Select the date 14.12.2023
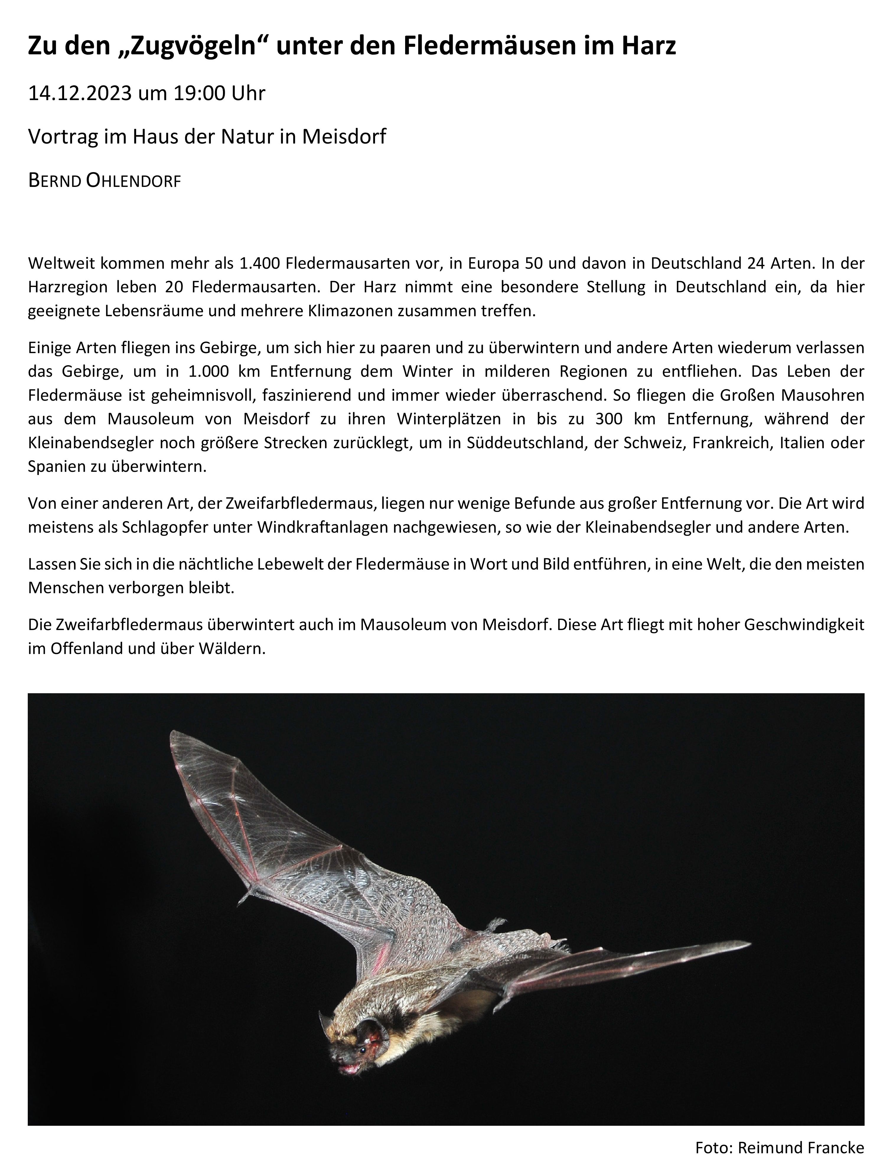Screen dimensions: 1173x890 79,93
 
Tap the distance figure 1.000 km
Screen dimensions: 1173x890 223,371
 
